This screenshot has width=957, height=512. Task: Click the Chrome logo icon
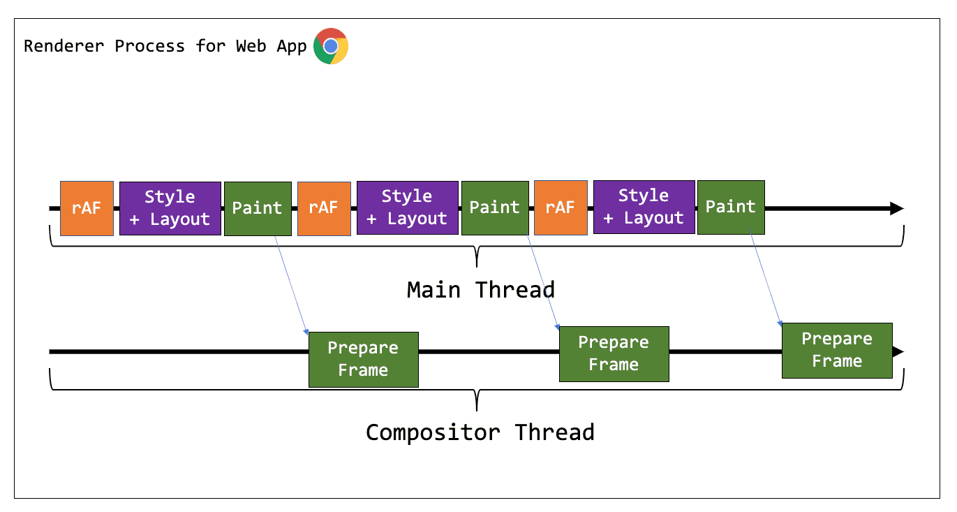point(331,46)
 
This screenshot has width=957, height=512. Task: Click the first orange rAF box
point(87,208)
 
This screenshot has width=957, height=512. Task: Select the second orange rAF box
point(324,208)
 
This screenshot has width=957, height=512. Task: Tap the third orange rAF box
point(561,207)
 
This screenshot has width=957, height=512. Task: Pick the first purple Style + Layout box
point(170,208)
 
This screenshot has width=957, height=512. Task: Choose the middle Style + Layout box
point(407,207)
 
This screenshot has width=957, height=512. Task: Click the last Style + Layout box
point(644,207)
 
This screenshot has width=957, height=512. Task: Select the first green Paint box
point(258,208)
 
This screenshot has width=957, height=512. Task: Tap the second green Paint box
point(495,207)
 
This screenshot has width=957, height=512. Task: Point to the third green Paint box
point(731,207)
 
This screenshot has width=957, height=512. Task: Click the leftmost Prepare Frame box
point(363,359)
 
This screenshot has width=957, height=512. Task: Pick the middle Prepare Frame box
point(614,353)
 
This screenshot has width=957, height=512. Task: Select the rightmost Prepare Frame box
point(836,350)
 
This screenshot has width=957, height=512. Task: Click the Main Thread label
point(480,289)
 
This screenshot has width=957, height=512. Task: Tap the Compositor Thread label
point(480,432)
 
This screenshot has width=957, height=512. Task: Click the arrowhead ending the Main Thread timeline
point(897,208)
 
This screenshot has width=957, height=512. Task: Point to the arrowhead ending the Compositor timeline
point(899,352)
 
